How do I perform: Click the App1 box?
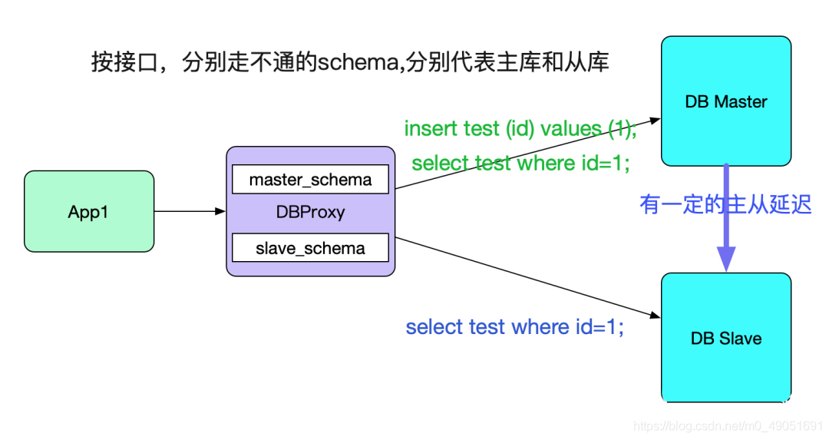(89, 211)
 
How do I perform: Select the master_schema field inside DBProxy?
(310, 180)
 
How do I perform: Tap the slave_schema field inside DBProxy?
(310, 248)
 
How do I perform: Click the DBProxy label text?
(310, 213)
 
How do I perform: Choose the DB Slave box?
(725, 338)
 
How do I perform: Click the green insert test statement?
(520, 129)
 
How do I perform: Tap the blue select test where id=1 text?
(514, 327)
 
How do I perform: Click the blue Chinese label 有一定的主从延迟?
(725, 204)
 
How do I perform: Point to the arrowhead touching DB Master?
(655, 120)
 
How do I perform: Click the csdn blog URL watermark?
(730, 425)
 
